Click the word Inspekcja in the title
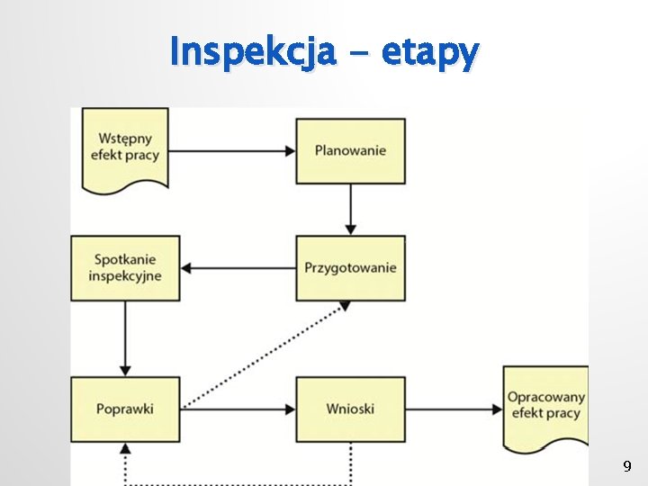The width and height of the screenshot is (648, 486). pos(253,51)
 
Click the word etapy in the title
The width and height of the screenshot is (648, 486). pos(430,53)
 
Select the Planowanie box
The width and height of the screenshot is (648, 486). pos(350,150)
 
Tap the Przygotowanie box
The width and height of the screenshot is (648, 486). pos(350,268)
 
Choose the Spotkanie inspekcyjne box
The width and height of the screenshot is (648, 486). pos(125,268)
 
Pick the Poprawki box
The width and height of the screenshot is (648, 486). pos(125,409)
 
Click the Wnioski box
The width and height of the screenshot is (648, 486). pos(350,409)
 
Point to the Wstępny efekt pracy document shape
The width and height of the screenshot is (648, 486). pos(125,148)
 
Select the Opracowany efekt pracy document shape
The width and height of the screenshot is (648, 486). pos(545,405)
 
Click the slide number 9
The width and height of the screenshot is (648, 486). pos(627,466)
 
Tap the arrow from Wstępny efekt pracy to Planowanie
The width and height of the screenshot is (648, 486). pos(232,150)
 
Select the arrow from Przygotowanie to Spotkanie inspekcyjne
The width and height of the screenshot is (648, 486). pos(238,268)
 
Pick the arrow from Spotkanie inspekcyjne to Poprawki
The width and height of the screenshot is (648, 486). pos(125,338)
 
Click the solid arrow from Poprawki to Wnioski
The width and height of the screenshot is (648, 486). pos(238,409)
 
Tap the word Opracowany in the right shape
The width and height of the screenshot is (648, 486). pos(546,397)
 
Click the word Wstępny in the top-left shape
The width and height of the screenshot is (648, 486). pos(125,139)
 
